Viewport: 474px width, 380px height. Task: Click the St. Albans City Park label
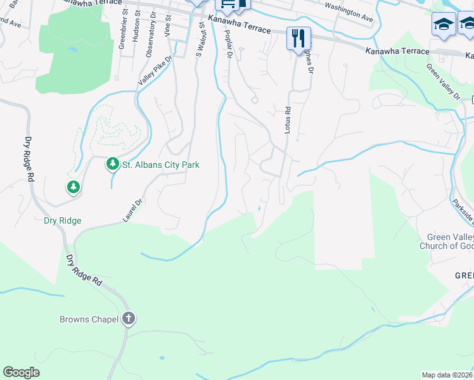click(x=161, y=165)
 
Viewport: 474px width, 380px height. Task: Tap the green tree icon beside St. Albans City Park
click(x=113, y=165)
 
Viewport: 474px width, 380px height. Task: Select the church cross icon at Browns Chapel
click(x=129, y=319)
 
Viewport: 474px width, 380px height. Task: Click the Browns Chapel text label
click(x=89, y=319)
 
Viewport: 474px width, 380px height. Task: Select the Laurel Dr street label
click(x=131, y=212)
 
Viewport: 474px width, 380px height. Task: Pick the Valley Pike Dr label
click(x=146, y=70)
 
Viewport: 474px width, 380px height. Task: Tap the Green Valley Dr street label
click(x=442, y=81)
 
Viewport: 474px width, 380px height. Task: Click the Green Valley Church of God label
click(x=446, y=241)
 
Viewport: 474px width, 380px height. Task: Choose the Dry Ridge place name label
click(x=63, y=221)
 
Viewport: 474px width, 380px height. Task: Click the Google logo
click(x=21, y=372)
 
